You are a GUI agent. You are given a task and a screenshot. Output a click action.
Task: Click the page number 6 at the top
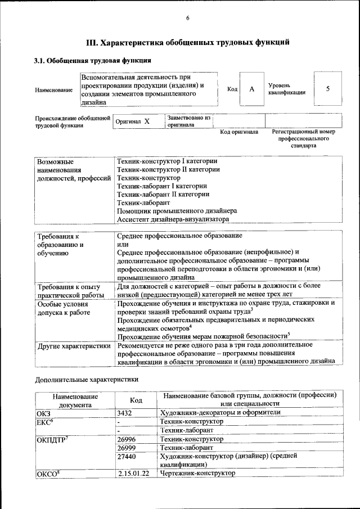[188, 18]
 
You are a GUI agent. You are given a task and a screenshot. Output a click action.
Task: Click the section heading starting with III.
[187, 42]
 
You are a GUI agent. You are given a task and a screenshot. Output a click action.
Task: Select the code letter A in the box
[252, 89]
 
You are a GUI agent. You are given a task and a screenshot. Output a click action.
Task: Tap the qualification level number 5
[327, 89]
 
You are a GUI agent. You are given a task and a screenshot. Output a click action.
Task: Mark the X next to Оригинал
[147, 121]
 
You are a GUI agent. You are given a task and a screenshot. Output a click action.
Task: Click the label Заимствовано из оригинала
[188, 121]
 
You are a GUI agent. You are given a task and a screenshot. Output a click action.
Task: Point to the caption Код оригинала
[238, 132]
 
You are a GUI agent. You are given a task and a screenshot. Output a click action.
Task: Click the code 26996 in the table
[128, 439]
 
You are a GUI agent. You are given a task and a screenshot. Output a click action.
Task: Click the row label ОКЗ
[44, 412]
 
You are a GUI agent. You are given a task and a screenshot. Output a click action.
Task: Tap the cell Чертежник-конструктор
[197, 474]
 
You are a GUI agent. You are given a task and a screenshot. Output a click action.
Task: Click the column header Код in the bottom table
[135, 399]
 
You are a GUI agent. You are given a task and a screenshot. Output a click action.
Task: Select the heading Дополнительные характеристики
[86, 380]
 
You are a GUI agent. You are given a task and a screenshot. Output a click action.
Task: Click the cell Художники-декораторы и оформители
[220, 412]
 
